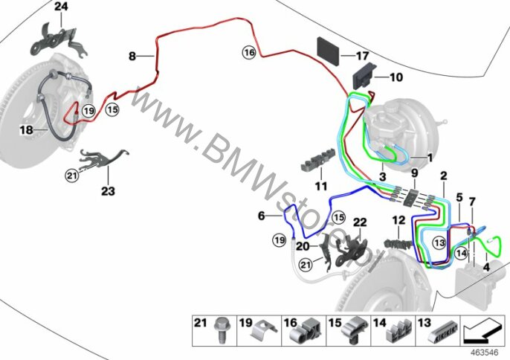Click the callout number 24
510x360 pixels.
(61, 6)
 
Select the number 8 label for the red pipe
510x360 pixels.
(132, 57)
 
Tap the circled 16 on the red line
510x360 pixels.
(249, 52)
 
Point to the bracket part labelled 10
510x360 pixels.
(364, 77)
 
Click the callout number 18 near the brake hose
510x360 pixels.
(26, 130)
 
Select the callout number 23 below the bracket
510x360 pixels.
(108, 190)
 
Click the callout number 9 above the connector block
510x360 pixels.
(414, 173)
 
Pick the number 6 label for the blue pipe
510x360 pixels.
(261, 216)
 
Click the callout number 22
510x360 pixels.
(360, 222)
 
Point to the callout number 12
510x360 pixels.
(398, 220)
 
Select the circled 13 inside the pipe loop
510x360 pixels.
(439, 242)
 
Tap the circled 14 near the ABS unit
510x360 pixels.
(461, 253)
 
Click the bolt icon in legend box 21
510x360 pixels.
(220, 330)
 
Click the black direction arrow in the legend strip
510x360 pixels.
(482, 330)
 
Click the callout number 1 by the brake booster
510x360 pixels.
(430, 158)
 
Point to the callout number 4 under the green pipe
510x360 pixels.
(486, 267)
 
